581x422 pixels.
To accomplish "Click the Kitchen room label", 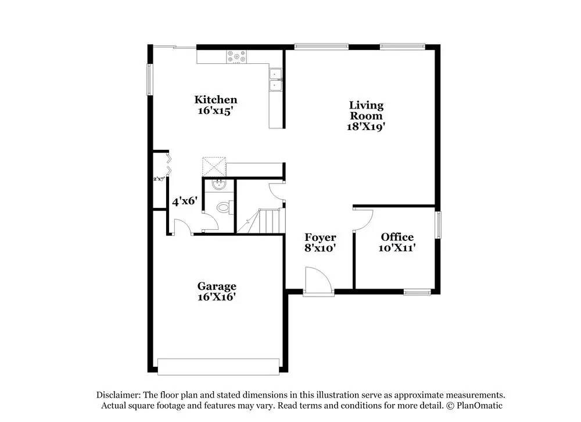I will click(x=216, y=100).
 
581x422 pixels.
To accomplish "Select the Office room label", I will click(x=397, y=237).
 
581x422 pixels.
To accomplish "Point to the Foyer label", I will click(x=320, y=237).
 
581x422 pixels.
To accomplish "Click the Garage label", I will click(x=217, y=286).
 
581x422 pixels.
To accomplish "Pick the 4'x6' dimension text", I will click(x=185, y=201).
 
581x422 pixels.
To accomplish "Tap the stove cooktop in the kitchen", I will click(x=236, y=57).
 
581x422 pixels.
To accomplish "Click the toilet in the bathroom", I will click(x=225, y=206).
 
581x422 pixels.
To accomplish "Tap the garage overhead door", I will click(x=218, y=366).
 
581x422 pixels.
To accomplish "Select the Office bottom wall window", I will click(x=417, y=292).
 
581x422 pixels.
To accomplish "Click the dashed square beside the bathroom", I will click(x=213, y=165).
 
